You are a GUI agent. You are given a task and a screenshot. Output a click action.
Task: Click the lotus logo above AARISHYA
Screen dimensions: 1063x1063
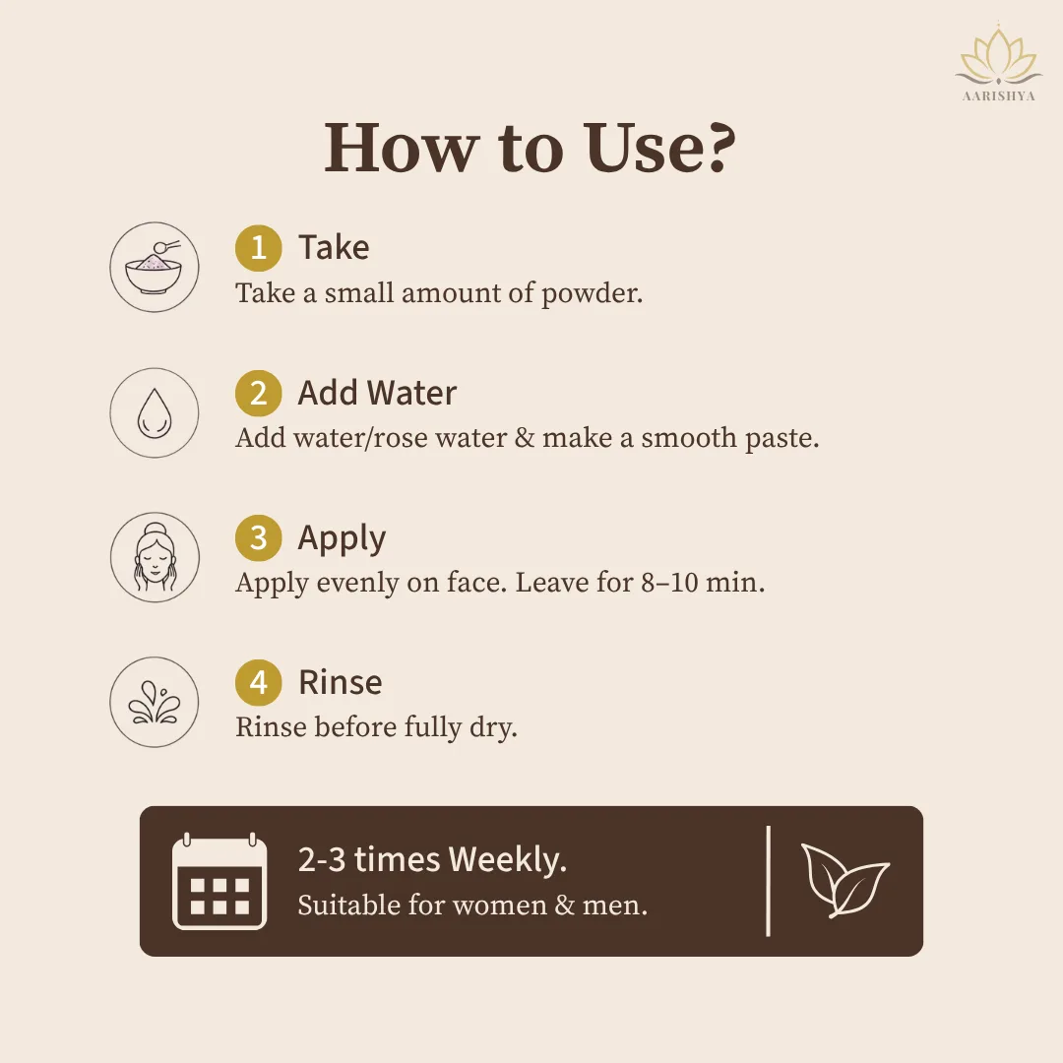click(998, 55)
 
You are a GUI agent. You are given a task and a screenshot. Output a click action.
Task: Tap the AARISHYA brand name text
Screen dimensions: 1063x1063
click(999, 96)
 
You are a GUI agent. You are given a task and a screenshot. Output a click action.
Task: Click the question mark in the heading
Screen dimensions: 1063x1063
click(718, 147)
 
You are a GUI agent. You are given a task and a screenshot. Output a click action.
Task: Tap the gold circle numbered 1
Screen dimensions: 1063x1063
click(258, 247)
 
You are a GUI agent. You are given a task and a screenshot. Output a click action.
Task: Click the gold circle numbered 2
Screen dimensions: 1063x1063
click(258, 393)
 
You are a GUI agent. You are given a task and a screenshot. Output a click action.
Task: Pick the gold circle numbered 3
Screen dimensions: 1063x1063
click(258, 538)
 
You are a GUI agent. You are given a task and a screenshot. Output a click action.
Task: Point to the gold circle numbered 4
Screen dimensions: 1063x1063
click(258, 683)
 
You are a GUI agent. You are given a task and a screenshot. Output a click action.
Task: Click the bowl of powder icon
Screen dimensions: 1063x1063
click(155, 267)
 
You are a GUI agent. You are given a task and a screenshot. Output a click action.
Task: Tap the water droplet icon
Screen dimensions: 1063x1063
click(154, 412)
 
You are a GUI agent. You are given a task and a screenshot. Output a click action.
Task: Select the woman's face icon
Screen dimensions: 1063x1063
click(156, 557)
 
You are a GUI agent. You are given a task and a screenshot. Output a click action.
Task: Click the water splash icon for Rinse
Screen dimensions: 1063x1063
click(155, 703)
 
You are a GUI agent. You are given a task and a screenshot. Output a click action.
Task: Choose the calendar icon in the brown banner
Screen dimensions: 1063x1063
click(219, 881)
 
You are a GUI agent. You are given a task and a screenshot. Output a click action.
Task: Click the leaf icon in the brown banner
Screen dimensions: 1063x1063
click(844, 880)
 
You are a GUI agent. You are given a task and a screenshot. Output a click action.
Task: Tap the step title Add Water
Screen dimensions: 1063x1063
click(377, 393)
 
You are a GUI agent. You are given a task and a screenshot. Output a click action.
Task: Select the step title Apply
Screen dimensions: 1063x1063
click(342, 539)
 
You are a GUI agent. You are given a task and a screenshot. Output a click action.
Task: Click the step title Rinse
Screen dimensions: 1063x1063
click(341, 682)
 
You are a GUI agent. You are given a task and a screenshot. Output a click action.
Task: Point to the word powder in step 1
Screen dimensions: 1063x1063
click(592, 294)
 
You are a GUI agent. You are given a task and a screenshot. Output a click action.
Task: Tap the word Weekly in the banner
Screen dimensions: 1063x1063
click(507, 859)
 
